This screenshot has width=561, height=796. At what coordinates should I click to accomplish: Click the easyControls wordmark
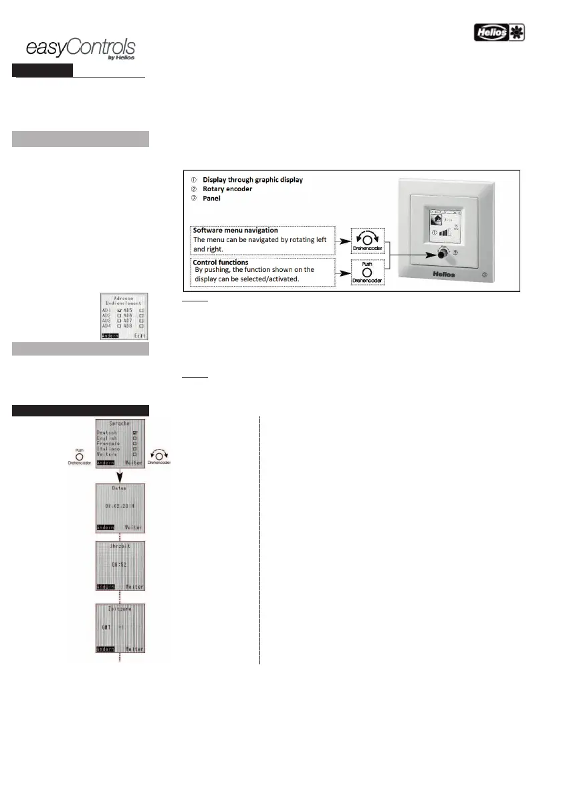pyautogui.click(x=80, y=48)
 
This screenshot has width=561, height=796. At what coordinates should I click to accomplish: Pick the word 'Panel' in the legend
pyautogui.click(x=213, y=198)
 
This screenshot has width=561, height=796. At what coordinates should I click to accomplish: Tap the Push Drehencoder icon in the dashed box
pyautogui.click(x=368, y=273)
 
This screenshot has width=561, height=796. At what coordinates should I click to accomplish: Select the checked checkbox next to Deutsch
pyautogui.click(x=134, y=433)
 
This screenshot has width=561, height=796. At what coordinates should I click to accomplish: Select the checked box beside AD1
pyautogui.click(x=119, y=311)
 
